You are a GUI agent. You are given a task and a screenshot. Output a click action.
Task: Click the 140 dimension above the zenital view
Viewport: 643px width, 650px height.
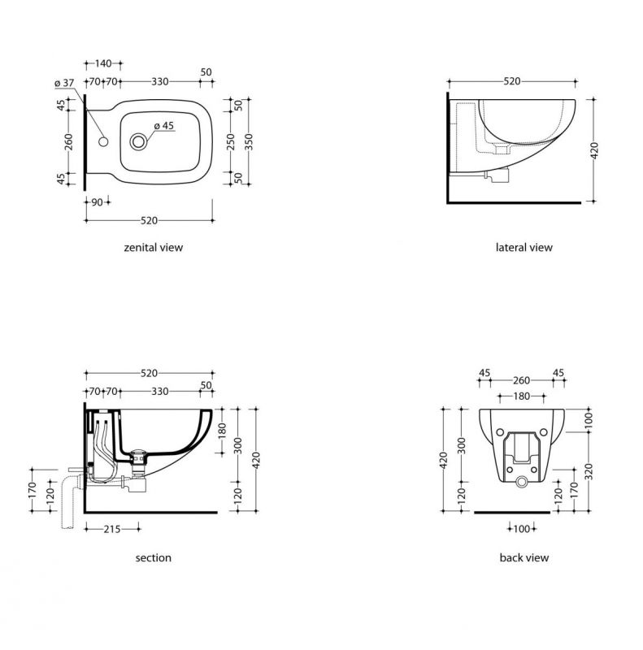point(103,63)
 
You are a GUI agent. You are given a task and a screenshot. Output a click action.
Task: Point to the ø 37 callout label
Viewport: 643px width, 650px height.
point(64,83)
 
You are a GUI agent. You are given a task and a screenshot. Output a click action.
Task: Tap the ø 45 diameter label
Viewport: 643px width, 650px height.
point(164,126)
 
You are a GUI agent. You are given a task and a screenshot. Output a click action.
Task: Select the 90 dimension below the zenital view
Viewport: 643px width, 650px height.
point(97,202)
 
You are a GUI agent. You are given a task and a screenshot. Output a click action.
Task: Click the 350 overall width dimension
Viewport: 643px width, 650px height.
point(249,141)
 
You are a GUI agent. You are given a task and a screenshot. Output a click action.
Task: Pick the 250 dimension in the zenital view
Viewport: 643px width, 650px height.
point(231,141)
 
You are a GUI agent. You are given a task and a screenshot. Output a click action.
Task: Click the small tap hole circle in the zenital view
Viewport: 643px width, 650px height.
point(103,141)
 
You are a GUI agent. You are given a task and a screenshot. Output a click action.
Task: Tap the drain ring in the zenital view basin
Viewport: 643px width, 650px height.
point(138,141)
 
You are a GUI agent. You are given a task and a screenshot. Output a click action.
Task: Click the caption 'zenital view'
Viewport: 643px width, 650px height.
point(154,248)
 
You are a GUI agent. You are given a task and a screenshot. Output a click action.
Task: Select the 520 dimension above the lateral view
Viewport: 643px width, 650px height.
point(512,81)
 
